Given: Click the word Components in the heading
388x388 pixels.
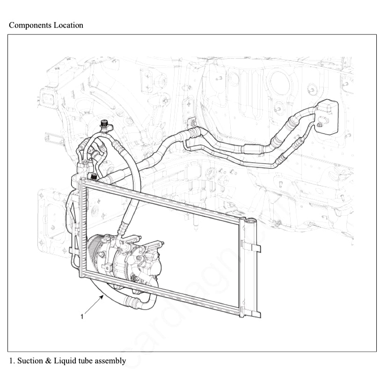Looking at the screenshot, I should pyautogui.click(x=29, y=25).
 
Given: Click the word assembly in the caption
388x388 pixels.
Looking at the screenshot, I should pyautogui.click(x=110, y=361).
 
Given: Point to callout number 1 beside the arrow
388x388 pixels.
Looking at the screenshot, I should pyautogui.click(x=82, y=317).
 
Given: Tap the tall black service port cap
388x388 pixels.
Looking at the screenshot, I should pyautogui.click(x=103, y=126).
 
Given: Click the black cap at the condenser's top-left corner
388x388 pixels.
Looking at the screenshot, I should pyautogui.click(x=93, y=177).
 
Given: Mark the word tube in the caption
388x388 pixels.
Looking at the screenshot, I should pyautogui.click(x=86, y=361).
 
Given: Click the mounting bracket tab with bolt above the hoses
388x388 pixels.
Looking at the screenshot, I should pyautogui.click(x=191, y=124).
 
